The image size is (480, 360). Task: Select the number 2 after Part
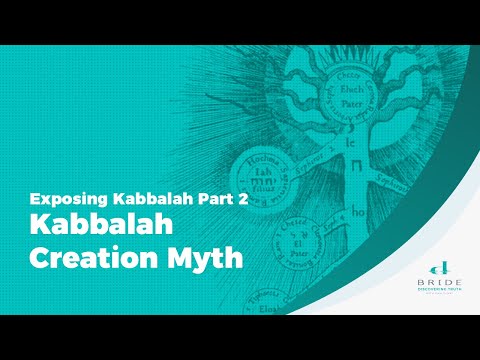click(241, 199)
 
